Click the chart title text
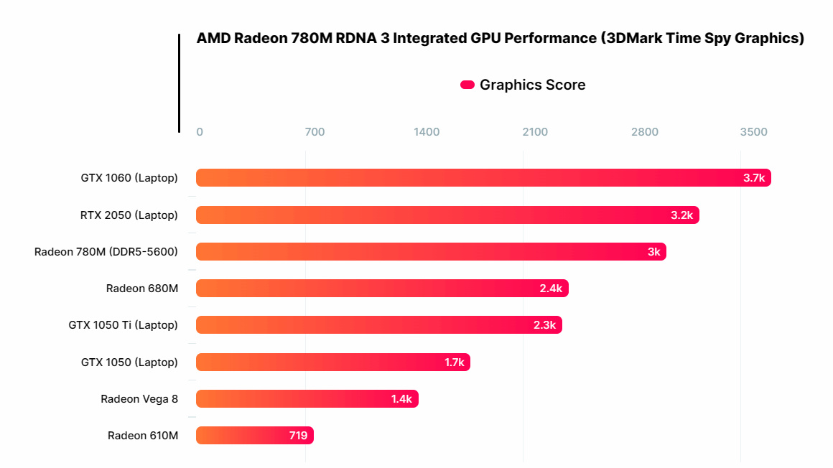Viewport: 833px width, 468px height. point(500,39)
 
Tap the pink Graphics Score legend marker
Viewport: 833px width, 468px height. point(467,85)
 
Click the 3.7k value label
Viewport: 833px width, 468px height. point(754,178)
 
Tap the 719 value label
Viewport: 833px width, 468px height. point(298,436)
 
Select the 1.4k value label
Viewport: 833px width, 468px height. point(401,399)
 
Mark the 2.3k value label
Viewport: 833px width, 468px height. point(544,325)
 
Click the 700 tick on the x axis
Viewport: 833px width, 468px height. point(315,132)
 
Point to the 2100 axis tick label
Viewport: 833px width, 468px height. point(535,132)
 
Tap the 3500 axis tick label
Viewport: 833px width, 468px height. point(754,132)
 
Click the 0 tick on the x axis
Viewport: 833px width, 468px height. point(200,132)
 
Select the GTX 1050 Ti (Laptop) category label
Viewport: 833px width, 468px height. point(123,325)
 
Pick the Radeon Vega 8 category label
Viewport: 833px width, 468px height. point(139,399)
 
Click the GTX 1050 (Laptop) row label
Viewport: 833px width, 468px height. point(129,362)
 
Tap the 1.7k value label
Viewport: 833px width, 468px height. point(455,362)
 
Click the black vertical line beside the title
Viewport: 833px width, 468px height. point(179,83)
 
